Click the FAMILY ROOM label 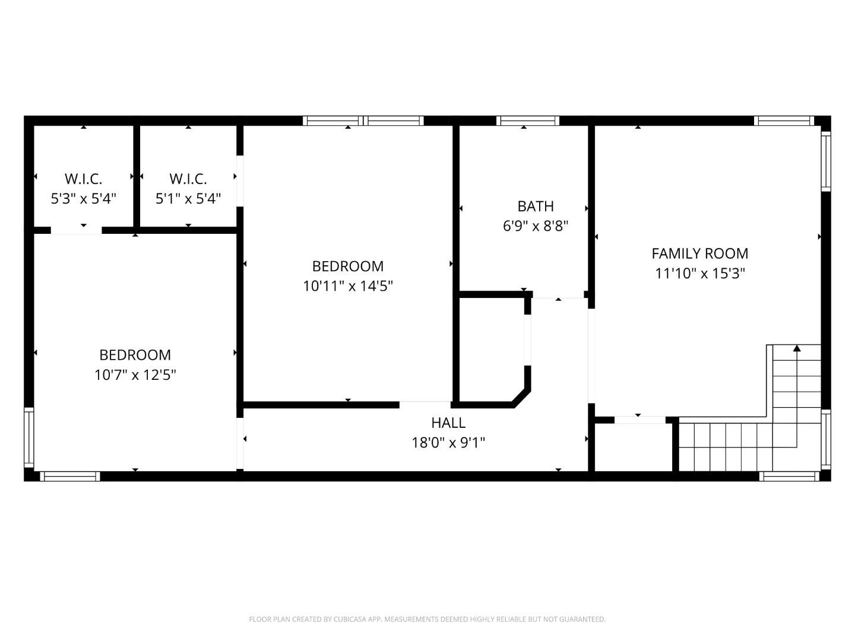699,253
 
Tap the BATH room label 536,206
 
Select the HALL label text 448,423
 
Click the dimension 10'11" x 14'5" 348,286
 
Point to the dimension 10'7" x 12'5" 135,375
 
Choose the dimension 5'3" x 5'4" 83,198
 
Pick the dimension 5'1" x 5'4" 188,198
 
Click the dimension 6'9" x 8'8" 536,226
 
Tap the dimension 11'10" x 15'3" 699,274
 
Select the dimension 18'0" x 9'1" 448,443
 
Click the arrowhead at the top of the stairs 797,348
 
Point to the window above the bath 528,120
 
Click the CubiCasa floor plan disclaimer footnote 427,619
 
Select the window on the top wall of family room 784,120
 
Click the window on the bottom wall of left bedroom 70,476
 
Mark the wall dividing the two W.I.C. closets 137,176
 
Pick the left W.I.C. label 83,179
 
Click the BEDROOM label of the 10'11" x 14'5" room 348,266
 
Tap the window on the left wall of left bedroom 28,437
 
